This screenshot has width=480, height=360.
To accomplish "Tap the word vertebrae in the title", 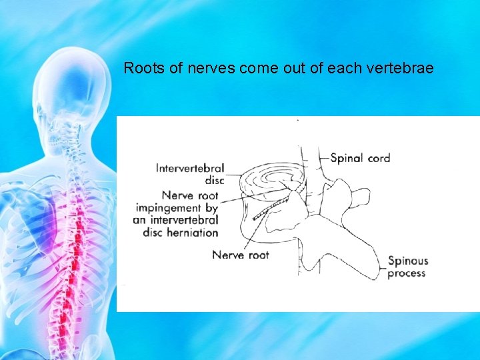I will (x=403, y=67).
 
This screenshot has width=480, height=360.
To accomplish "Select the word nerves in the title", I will (x=199, y=67).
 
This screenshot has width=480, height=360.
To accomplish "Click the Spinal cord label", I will (x=360, y=158).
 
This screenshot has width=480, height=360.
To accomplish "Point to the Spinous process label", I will (x=407, y=267).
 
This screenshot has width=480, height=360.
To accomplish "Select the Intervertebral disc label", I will (x=190, y=174).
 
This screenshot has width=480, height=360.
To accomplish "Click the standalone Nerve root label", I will (x=240, y=255).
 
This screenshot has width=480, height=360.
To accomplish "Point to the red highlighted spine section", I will (x=79, y=253).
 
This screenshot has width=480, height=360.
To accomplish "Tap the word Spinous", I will (x=407, y=261).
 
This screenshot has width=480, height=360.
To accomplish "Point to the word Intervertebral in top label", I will (x=190, y=169).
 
